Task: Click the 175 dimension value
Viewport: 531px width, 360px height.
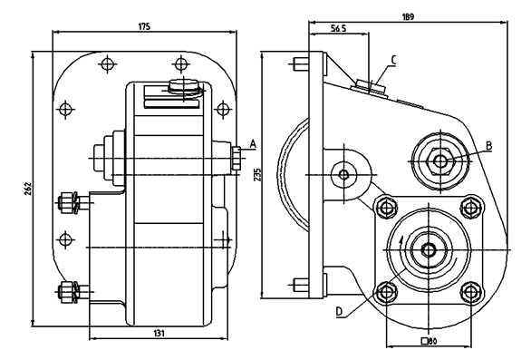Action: coord(144,27)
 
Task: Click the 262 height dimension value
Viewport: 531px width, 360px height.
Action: coord(28,189)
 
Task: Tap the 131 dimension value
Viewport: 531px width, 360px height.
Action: coord(159,333)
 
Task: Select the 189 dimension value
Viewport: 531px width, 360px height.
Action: coord(409,17)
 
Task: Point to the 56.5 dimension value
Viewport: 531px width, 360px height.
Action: coord(339,28)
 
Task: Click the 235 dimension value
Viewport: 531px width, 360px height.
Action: coord(257,175)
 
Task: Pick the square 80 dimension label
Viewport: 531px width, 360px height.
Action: coord(429,341)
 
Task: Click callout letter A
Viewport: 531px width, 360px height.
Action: coord(254,144)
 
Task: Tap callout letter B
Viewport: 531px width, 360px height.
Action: coord(488,146)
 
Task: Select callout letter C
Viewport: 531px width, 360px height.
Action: coord(393,60)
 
